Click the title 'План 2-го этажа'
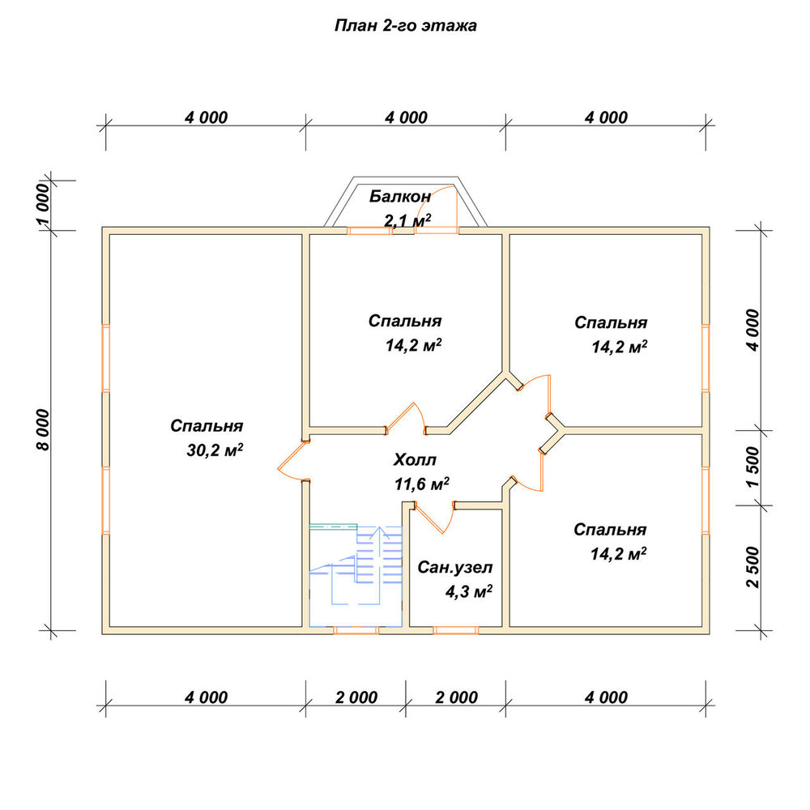point(406,25)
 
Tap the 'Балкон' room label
point(400,196)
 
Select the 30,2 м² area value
point(215,450)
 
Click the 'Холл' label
point(415,459)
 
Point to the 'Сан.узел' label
point(455,568)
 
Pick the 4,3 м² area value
point(469,591)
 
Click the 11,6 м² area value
point(422,484)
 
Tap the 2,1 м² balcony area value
point(407,220)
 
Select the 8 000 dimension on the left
point(44,430)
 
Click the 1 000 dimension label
point(44,205)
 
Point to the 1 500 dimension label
point(753,467)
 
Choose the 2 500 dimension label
point(753,567)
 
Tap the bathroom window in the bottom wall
point(455,630)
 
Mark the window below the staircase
point(356,630)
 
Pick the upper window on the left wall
point(106,357)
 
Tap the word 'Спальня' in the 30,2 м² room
point(207,426)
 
